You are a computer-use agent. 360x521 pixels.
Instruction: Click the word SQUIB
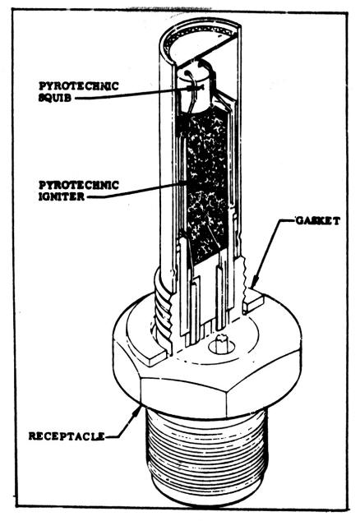pos(55,98)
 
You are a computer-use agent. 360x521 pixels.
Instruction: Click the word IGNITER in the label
pos(62,196)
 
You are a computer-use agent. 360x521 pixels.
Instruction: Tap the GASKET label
pos(318,220)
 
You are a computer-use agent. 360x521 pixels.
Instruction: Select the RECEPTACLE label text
pos(67,436)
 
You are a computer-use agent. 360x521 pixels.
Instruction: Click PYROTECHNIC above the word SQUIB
pos(79,86)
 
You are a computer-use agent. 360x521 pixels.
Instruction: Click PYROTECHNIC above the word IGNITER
pos(79,185)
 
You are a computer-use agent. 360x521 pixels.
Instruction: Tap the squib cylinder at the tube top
pos(195,90)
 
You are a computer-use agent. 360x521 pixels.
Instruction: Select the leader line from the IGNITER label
pos(136,190)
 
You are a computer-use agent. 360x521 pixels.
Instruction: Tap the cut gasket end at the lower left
pos(156,357)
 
